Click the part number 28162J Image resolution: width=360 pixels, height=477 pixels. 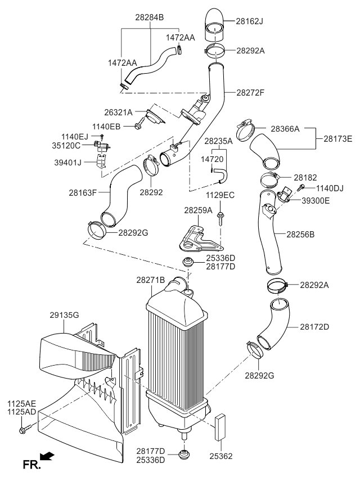pos(250,22)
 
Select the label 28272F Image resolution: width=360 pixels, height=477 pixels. pos(250,93)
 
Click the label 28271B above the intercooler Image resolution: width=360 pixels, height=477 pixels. pos(151,280)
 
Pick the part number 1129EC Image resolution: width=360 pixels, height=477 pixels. pos(220,195)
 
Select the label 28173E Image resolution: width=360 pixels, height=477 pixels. pos(337,138)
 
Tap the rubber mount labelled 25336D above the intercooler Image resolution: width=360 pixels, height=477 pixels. pos(187,263)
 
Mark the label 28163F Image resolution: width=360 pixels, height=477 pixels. pos(83,192)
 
